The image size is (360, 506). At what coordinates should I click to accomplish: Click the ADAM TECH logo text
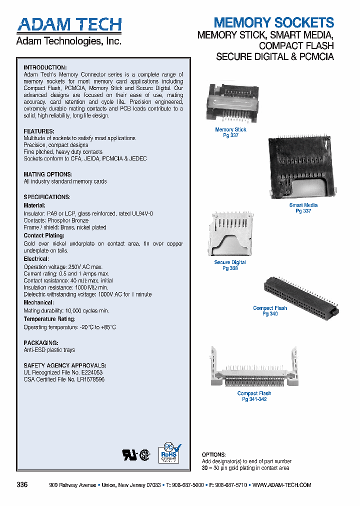tap(69, 24)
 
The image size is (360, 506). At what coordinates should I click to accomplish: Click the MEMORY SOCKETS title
tap(273, 22)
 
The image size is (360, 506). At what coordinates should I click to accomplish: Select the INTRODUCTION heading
tap(45, 67)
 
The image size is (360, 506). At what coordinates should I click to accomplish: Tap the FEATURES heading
tap(39, 131)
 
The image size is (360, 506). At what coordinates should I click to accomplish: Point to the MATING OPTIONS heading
tap(47, 174)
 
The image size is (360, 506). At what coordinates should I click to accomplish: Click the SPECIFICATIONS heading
tap(47, 197)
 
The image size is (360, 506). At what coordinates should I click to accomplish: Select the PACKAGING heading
tap(41, 343)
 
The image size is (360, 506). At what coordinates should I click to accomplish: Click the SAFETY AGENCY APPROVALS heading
tap(65, 365)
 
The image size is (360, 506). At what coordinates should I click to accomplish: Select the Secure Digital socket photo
tap(229, 234)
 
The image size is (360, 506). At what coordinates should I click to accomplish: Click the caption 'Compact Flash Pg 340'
tap(270, 311)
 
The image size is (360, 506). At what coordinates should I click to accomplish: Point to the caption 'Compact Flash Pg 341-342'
tap(254, 396)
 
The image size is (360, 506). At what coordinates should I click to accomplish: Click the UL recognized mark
tap(129, 454)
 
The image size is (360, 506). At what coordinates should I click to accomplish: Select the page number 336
tap(22, 485)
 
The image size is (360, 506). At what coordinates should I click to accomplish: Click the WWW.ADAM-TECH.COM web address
tap(282, 485)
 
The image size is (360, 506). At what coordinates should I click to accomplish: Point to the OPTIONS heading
tap(213, 454)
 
